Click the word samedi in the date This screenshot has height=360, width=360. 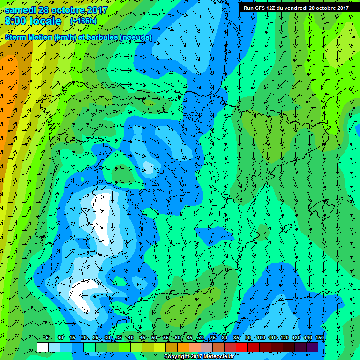tap(21, 10)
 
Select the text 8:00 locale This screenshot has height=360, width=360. tap(33, 21)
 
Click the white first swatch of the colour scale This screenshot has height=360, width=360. tap(42, 347)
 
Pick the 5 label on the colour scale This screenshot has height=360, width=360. tap(47, 338)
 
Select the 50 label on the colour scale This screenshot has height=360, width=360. tap(154, 338)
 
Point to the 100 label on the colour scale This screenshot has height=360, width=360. tap(261, 338)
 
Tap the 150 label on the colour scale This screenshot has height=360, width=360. tap(320, 338)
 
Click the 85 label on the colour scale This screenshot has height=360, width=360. tap(236, 338)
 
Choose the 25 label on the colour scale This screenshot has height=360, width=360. tap(95, 338)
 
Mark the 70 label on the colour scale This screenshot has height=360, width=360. tap(201, 338)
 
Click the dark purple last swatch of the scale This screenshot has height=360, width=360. tap(312, 347)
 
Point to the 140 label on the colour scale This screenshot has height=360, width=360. tap(308, 338)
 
